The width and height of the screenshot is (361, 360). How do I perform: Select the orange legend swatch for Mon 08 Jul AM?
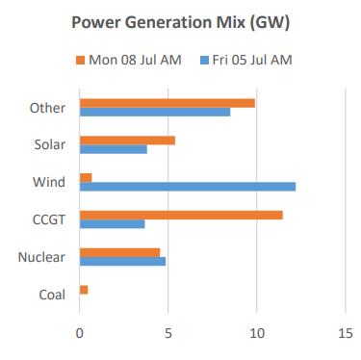[x=80, y=61]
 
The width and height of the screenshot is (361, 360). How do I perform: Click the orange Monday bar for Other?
[x=167, y=103]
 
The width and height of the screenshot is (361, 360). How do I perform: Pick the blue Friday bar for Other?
[x=154, y=112]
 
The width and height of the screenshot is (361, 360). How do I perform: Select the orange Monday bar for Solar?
[x=127, y=141]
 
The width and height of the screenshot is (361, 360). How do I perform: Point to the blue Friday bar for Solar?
[x=113, y=149]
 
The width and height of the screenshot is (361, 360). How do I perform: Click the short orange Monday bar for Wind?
[x=86, y=177]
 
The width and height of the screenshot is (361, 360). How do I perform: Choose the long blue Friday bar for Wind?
[x=187, y=187]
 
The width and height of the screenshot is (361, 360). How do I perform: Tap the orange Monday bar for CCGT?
[x=180, y=215]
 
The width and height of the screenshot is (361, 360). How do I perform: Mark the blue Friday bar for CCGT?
[x=112, y=223]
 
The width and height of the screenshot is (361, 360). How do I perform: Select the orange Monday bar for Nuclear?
[x=119, y=252]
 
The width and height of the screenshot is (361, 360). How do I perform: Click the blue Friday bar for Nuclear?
[x=122, y=261]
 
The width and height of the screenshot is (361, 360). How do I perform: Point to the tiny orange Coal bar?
[x=84, y=290]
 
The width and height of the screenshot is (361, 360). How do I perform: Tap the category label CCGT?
[x=48, y=219]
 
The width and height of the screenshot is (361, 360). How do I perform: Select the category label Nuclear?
[x=41, y=257]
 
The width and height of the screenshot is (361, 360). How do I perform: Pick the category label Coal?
[x=50, y=295]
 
